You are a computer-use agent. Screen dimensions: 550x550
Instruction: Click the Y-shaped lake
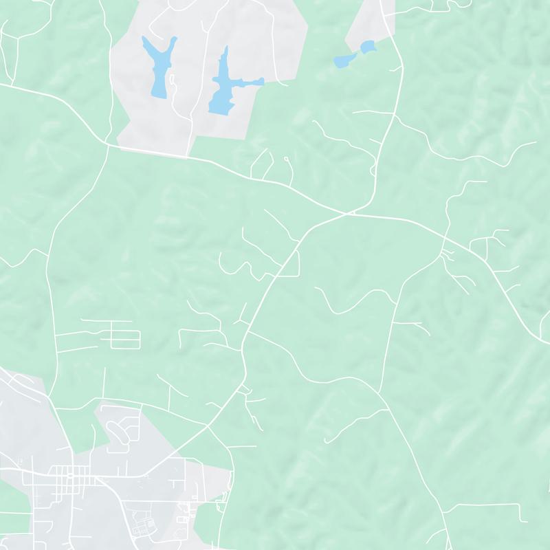156,69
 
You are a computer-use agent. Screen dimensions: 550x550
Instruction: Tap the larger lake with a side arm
221,86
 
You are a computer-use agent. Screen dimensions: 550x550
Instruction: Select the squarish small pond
368,47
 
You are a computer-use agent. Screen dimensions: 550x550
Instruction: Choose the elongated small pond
342,61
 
